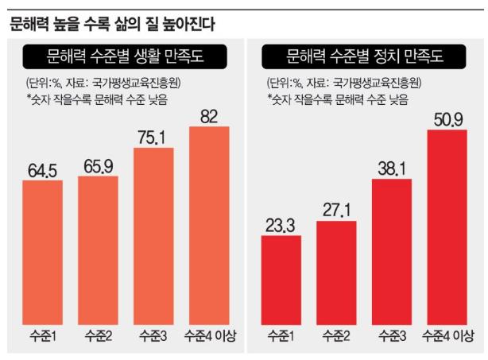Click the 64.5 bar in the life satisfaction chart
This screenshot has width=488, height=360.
(x=42, y=250)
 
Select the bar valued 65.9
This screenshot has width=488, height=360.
(x=98, y=248)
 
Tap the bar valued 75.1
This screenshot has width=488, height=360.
(x=153, y=235)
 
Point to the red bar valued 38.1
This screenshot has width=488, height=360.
(x=392, y=250)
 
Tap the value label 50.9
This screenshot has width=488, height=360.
(x=447, y=120)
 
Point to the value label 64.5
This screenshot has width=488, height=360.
(x=42, y=170)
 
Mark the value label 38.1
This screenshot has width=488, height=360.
(x=392, y=168)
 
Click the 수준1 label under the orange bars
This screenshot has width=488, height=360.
(x=42, y=333)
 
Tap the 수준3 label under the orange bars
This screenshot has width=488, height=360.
(x=153, y=333)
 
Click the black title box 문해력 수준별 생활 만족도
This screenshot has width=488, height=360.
(x=126, y=56)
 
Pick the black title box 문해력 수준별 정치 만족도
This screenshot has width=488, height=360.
(x=363, y=56)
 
